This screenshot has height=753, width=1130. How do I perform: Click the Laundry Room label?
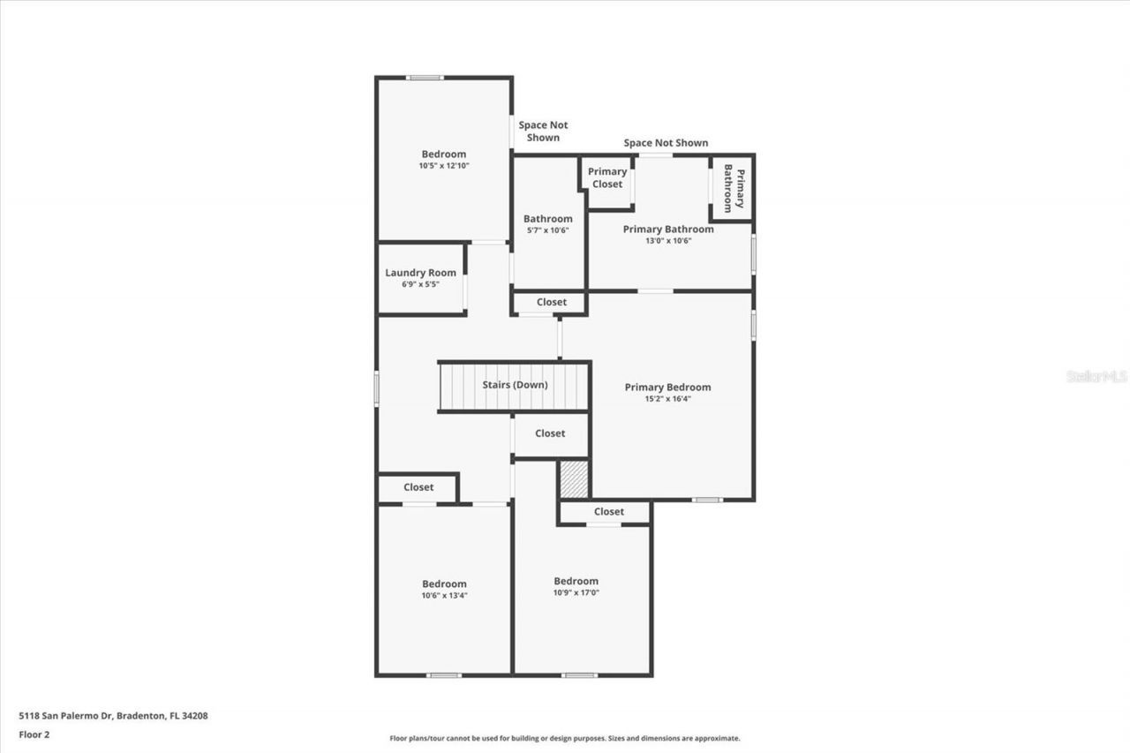click(420, 273)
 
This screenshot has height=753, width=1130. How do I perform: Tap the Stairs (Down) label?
click(515, 385)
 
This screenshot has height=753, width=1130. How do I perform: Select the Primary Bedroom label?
click(667, 387)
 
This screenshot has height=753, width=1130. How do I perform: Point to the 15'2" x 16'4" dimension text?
click(667, 398)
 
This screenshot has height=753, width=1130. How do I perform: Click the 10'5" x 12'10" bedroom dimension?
click(443, 165)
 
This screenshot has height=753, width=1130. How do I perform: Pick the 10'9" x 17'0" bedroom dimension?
click(576, 592)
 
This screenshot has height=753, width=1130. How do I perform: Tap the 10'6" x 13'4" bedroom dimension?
click(444, 595)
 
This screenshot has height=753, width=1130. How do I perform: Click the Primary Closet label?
click(607, 177)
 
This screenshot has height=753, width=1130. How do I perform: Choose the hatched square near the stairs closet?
click(574, 478)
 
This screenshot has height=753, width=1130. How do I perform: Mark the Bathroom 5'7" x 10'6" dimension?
click(547, 230)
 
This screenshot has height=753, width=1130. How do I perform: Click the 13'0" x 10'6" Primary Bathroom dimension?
click(668, 240)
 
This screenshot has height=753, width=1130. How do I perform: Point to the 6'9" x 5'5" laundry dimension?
click(420, 284)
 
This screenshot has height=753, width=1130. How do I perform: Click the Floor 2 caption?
click(34, 734)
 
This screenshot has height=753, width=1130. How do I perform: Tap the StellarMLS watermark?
click(1096, 376)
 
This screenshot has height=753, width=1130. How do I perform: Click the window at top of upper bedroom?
click(425, 78)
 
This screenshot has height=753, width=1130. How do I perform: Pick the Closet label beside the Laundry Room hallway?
click(552, 302)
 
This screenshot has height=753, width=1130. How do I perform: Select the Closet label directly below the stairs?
click(550, 433)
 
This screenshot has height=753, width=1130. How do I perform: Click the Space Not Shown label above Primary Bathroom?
click(666, 143)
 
